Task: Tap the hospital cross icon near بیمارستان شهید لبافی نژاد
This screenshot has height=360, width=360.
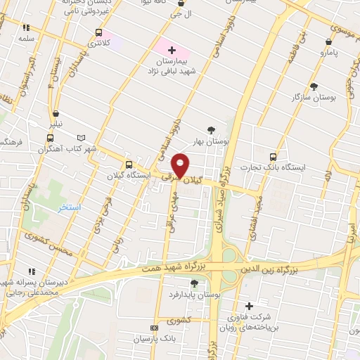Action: [172, 49]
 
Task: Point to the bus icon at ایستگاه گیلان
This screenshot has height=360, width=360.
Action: [127, 164]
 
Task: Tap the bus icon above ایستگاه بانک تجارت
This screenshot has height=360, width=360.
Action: [274, 157]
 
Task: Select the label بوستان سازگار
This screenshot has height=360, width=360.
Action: [313, 98]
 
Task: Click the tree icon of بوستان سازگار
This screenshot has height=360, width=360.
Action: [313, 86]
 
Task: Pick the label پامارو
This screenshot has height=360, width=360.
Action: [329, 53]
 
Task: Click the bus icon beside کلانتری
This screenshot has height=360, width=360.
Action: [98, 33]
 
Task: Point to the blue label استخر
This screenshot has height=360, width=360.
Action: [70, 208]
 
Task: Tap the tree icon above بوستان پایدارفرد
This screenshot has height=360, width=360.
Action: [194, 283]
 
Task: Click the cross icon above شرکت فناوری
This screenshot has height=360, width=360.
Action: [249, 307]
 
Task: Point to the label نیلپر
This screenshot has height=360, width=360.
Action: [54, 124]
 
